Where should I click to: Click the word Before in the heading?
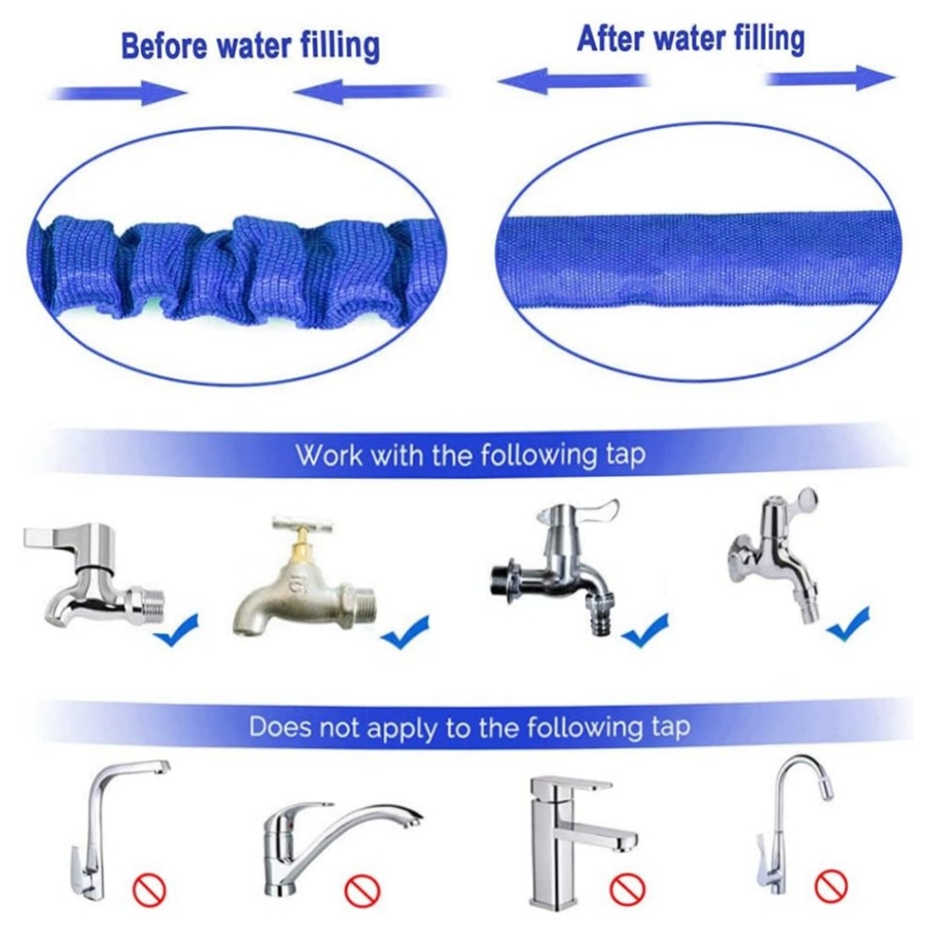point(165,47)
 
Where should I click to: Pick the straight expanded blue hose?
point(698,258)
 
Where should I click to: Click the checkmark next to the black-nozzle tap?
point(645,629)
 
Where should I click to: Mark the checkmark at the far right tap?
point(848,624)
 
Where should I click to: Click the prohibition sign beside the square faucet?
point(626,889)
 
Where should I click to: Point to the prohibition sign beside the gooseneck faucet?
point(830,885)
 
